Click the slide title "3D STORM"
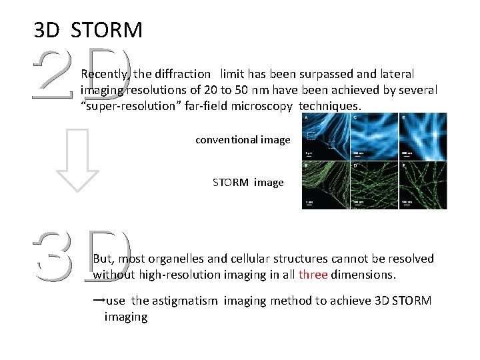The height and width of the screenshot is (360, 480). [x=88, y=29]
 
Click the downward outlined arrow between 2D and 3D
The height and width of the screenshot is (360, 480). [x=77, y=161]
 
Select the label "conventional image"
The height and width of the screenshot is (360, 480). [x=243, y=140]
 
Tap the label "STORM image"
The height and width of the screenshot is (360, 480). [x=248, y=182]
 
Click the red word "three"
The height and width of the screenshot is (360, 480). [x=313, y=275]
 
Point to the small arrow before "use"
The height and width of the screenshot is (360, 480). [x=98, y=300]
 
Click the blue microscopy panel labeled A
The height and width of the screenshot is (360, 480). [x=325, y=137]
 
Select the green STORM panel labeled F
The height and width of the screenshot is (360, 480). [x=423, y=185]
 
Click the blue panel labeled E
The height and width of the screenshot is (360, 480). [x=423, y=137]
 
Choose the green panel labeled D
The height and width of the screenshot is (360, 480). [x=374, y=185]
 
